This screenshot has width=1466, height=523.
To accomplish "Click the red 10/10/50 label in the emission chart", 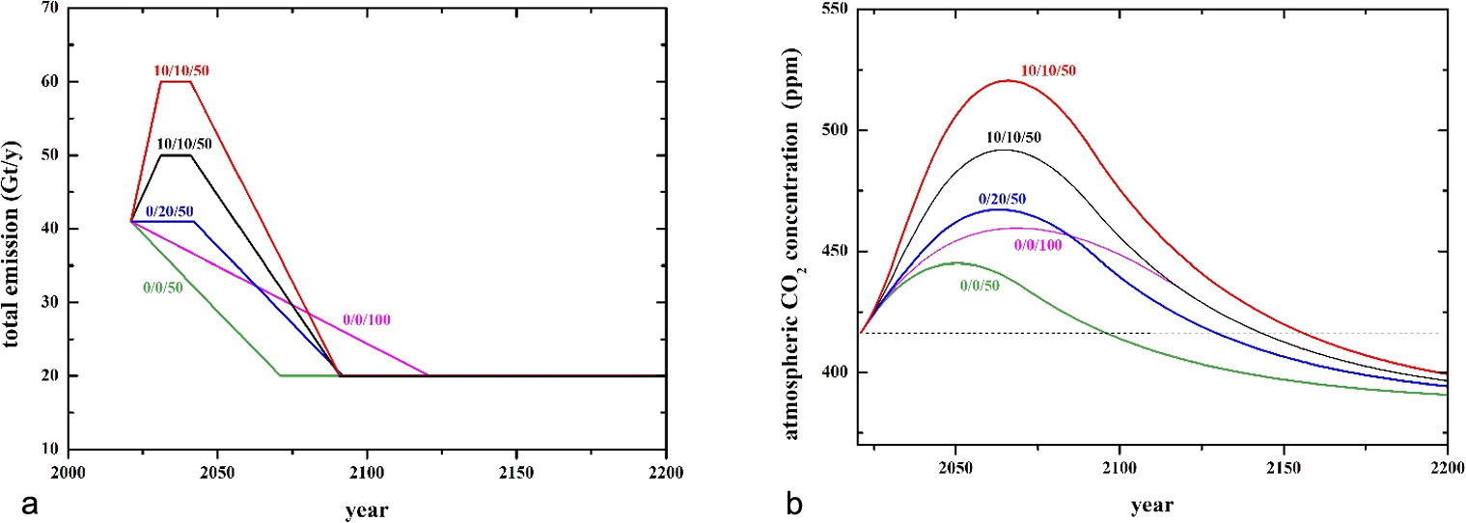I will tap(181, 70).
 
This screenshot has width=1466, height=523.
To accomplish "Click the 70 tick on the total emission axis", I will tap(45, 9).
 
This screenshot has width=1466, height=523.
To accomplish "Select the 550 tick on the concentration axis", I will tap(826, 9).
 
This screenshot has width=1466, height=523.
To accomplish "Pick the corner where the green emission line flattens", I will tap(280, 375).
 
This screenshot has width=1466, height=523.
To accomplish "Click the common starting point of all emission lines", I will tap(131, 221).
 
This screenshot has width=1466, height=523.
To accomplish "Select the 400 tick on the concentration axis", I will tap(826, 372).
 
